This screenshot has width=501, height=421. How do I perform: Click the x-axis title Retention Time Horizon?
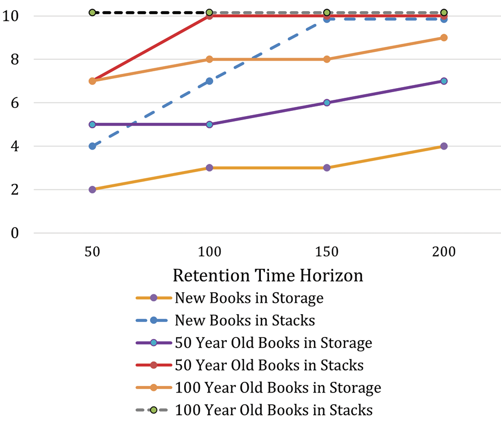(x=268, y=275)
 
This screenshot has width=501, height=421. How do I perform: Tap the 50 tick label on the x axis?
(x=92, y=252)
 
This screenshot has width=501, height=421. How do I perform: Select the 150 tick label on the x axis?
(x=327, y=252)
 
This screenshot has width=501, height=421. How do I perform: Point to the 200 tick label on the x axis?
(x=444, y=252)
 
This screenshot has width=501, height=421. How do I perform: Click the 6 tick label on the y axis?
(x=14, y=103)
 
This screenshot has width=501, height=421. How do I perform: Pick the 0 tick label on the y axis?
(x=14, y=233)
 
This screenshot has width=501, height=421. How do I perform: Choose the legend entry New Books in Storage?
(x=249, y=298)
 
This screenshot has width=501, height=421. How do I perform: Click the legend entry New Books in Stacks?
(x=245, y=320)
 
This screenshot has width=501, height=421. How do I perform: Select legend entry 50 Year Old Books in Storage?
(x=273, y=343)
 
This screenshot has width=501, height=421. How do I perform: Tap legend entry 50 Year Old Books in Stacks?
(x=269, y=365)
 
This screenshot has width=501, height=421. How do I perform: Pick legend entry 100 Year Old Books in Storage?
(x=278, y=387)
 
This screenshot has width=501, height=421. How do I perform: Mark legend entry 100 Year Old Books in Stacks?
(x=274, y=410)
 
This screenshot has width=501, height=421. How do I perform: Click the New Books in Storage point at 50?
(x=92, y=189)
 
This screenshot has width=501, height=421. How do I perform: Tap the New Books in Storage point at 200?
(x=444, y=146)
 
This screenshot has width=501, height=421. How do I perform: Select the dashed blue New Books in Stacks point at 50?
(x=92, y=146)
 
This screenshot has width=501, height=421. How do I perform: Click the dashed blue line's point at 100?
(x=209, y=81)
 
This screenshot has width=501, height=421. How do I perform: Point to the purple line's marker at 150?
(x=327, y=102)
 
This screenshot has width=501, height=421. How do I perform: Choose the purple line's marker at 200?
(x=444, y=81)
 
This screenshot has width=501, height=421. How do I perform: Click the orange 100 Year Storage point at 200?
(x=444, y=38)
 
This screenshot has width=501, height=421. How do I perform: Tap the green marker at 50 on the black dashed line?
(x=92, y=12)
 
